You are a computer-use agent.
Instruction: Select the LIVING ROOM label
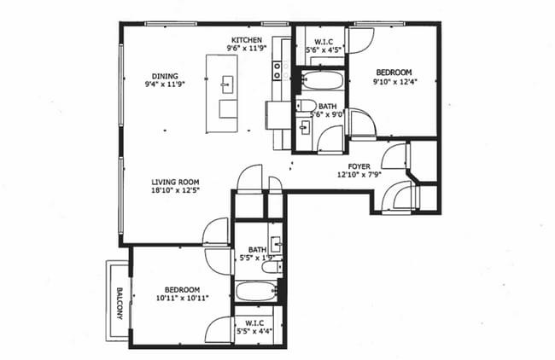click(x=176, y=182)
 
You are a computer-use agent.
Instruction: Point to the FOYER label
click(x=359, y=166)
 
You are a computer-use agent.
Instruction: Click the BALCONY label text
click(x=116, y=302)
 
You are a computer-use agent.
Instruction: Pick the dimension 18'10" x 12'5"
click(x=176, y=191)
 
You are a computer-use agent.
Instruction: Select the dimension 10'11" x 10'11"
click(x=183, y=299)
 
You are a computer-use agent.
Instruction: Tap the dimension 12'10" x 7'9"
click(x=359, y=176)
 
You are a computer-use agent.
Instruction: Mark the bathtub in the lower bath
click(x=256, y=292)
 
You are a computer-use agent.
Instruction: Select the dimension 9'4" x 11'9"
click(x=166, y=84)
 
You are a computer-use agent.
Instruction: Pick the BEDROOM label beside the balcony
click(x=183, y=289)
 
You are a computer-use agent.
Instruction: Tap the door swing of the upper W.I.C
click(x=359, y=41)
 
